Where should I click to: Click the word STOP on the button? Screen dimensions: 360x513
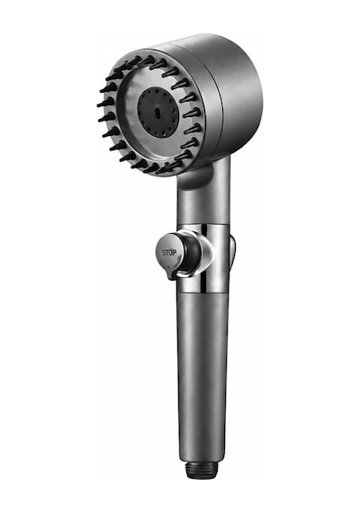click(x=169, y=253)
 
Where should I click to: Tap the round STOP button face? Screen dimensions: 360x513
click(x=169, y=253)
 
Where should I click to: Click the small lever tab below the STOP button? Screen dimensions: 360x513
click(x=172, y=274)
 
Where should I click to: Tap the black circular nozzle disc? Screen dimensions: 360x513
click(x=158, y=112)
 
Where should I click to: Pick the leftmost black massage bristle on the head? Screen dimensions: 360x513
click(x=105, y=103)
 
